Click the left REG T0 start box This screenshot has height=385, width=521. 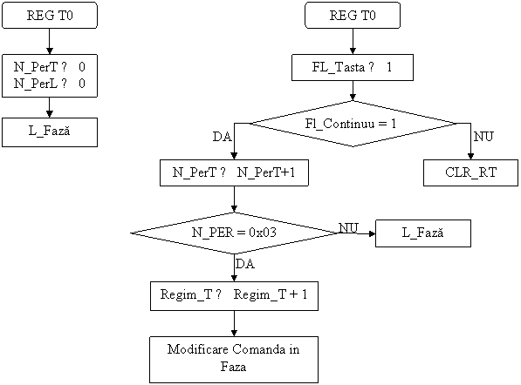pos(50,16)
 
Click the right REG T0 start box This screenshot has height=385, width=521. pos(353,16)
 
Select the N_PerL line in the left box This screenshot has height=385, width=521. pos(50,84)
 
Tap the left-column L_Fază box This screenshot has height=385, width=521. pos(50,132)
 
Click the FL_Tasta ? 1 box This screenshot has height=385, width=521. pos(353,67)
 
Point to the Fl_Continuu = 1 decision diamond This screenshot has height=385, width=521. pos(353,124)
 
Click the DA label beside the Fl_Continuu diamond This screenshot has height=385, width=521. pos(223,137)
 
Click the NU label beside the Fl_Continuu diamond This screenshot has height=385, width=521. pos(483,136)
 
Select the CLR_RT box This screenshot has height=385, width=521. pos(470,172)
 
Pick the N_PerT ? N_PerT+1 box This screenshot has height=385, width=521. pos(234,172)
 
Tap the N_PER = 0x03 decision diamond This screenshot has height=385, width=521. pos(234,233)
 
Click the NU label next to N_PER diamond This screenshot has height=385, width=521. pos(348,227)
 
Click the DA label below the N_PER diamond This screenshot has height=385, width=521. pos(245,264)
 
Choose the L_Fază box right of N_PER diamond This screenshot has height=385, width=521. pos(423,233)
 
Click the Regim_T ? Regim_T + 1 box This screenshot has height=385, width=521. pos(234,296)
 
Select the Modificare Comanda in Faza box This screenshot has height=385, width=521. pos(234,360)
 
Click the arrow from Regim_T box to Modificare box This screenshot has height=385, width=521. pos(234,324)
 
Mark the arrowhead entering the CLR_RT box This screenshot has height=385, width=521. pos(470,157)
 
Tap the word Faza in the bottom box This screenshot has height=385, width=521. pos(233,367)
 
